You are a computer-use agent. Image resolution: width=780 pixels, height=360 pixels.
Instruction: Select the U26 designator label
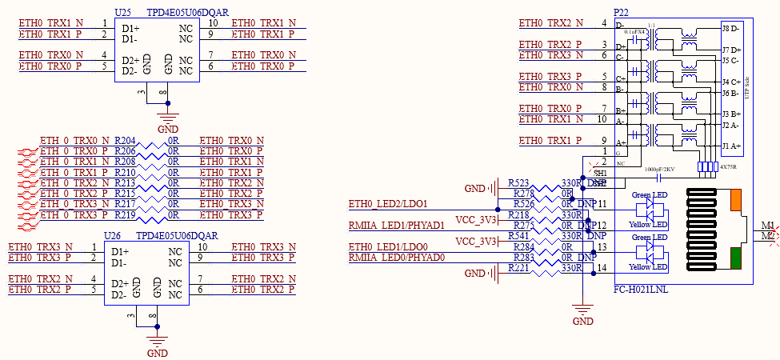(x=114, y=237)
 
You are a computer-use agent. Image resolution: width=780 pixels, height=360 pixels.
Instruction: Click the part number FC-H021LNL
(x=641, y=289)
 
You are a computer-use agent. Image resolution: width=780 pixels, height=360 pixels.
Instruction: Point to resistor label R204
(x=125, y=141)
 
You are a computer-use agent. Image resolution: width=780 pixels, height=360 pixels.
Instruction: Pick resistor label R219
(x=125, y=216)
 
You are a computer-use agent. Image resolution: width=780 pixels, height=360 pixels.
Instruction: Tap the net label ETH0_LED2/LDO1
(x=389, y=204)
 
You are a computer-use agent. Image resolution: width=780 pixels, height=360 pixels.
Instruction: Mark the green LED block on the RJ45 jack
(x=736, y=258)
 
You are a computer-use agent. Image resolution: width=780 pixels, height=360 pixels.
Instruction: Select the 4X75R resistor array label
(x=729, y=167)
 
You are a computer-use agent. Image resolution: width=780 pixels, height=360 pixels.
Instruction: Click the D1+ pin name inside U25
(x=131, y=29)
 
